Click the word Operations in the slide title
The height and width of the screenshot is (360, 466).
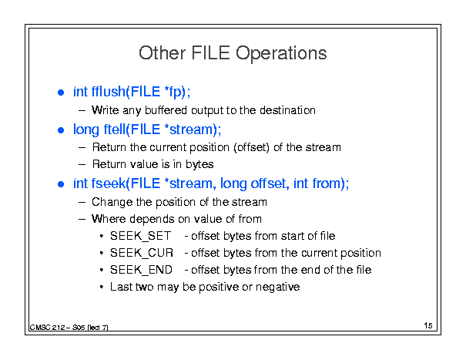coord(281,54)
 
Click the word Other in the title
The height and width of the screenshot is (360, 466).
coord(163,53)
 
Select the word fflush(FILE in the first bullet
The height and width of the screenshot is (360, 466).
coord(126,92)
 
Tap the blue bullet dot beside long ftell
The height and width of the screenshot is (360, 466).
coord(61,130)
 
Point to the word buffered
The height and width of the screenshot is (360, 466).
coord(166,110)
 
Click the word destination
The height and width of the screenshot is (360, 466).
coord(287,110)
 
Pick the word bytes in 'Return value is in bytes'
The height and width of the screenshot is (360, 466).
coord(199,164)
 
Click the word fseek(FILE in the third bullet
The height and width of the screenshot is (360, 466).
coord(126,183)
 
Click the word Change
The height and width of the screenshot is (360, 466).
coord(112,202)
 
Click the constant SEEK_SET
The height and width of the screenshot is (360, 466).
coord(141,236)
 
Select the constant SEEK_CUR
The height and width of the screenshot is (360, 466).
coord(142,253)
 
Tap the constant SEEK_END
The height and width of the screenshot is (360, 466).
coord(141,270)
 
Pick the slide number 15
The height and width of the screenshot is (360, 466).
coord(428,325)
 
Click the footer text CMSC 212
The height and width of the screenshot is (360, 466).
coord(48,328)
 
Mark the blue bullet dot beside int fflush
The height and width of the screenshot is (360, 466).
coord(61,93)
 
